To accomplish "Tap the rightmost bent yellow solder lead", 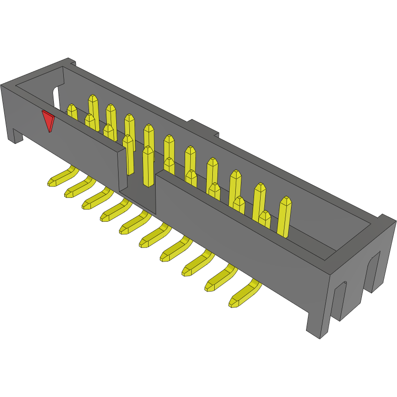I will click(244, 295).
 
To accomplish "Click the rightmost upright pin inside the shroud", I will click(285, 217).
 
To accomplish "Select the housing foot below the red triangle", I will click(17, 135).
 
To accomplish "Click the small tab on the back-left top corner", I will click(71, 61).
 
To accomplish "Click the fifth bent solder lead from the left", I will click(134, 223).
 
